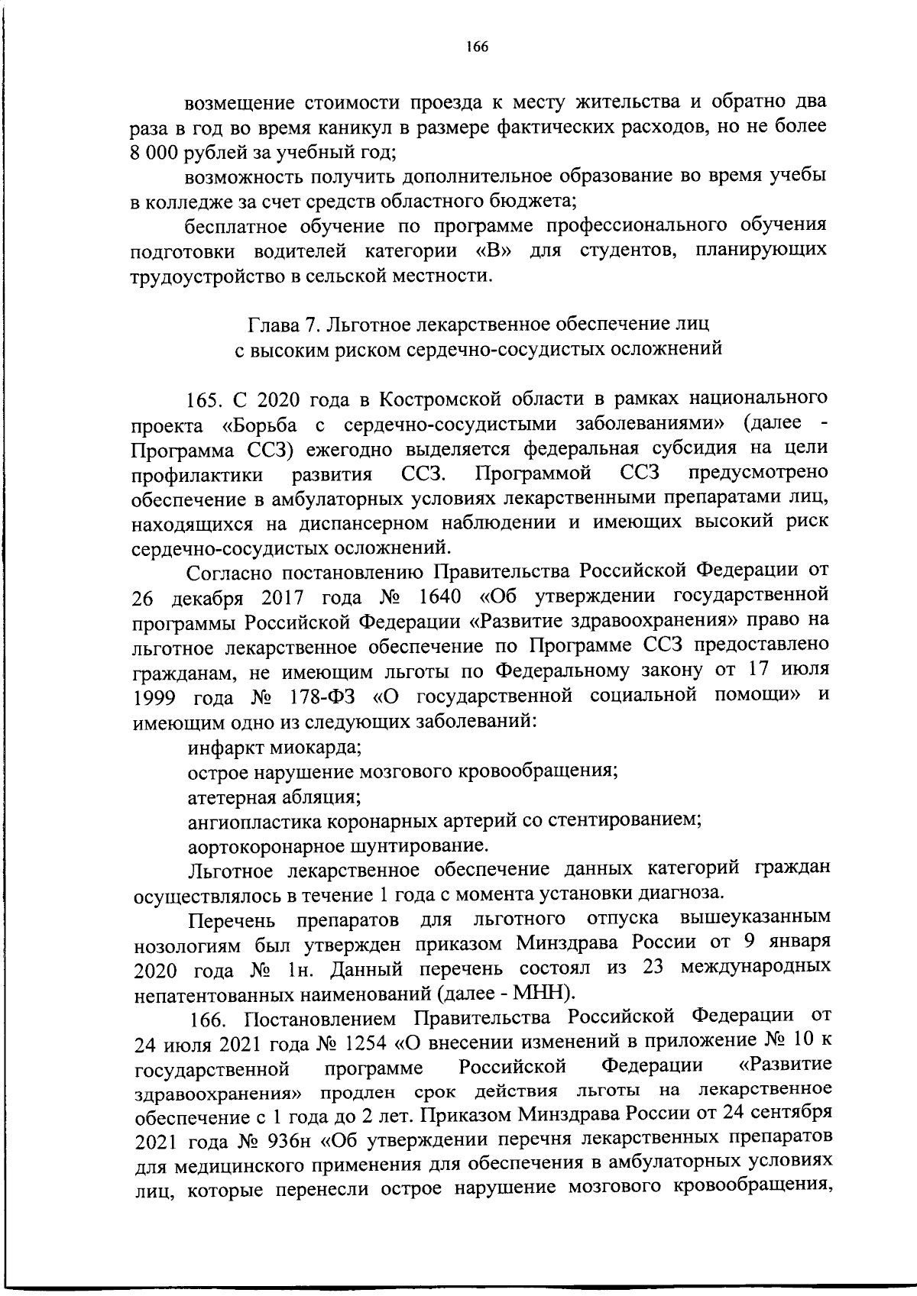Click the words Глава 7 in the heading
click(281, 324)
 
